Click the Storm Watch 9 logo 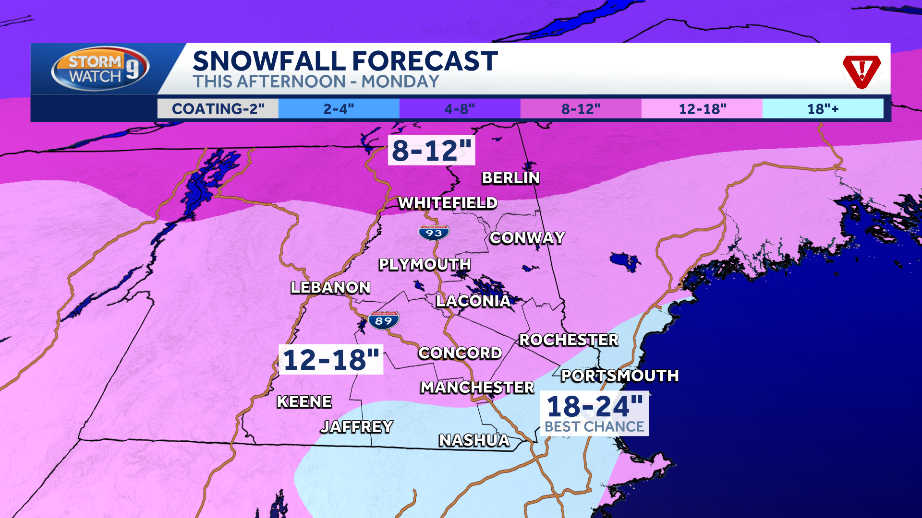point(100,69)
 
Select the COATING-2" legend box point(218,109)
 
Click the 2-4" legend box point(339,109)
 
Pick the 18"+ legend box point(822,109)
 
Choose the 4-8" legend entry point(460,109)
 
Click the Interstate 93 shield point(434,233)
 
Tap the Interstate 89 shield point(384,320)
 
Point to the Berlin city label point(510,178)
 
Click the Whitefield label point(448,203)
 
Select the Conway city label point(527,238)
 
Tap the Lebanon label point(330,287)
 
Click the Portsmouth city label point(619,376)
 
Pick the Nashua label point(474,440)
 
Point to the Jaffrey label point(357,426)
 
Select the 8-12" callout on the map point(431,151)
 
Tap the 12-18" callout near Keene point(331,360)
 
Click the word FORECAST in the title point(425,61)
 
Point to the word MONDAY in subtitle point(400,82)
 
